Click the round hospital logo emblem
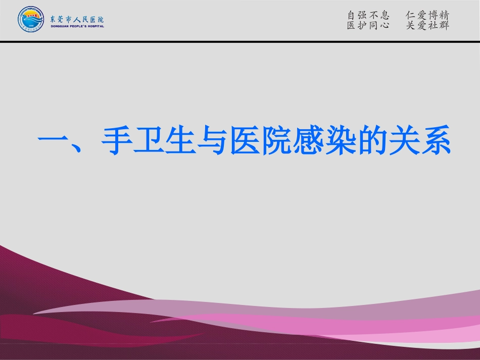pyautogui.click(x=31, y=20)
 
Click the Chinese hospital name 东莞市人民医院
pyautogui.click(x=77, y=19)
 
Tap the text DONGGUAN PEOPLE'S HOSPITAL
pyautogui.click(x=77, y=26)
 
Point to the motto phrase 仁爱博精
pyautogui.click(x=427, y=15)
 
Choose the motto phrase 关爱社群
pyautogui.click(x=427, y=26)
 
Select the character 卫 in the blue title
pyautogui.click(x=149, y=140)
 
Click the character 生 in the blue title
pyautogui.click(x=180, y=140)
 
